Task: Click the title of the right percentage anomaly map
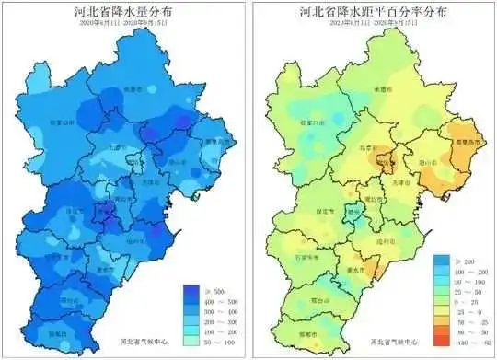point(373,13)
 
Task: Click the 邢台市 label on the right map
point(315,300)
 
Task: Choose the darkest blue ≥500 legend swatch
point(191,289)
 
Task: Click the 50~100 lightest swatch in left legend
point(191,341)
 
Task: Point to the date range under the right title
point(373,27)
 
